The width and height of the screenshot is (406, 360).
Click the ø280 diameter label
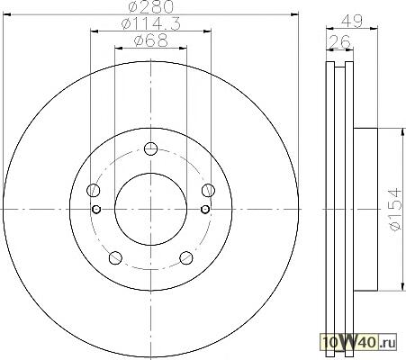point(151,6)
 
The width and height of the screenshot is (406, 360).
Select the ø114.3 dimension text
point(151,24)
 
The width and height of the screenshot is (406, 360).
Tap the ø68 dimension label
point(151,40)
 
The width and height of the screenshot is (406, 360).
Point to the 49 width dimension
point(352,21)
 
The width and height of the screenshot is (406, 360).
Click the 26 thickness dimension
point(339,41)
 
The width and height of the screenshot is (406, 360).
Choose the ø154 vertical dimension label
point(395,210)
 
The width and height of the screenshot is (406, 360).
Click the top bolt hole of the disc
point(150,148)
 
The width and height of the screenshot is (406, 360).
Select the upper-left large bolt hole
point(94,190)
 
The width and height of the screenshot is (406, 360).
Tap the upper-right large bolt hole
point(208,190)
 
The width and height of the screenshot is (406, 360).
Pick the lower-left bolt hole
point(115,257)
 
